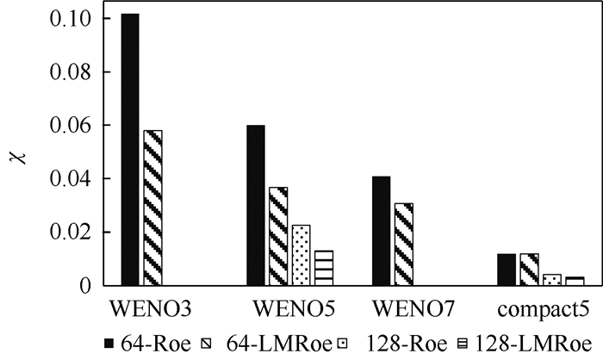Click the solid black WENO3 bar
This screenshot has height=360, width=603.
[x=130, y=150]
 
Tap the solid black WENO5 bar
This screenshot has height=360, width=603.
[x=256, y=205]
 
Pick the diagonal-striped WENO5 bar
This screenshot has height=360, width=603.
[x=278, y=236]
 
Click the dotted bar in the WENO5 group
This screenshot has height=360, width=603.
[x=301, y=255]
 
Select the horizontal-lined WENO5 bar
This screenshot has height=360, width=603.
[x=322, y=268]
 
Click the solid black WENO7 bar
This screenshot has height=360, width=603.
[x=381, y=231]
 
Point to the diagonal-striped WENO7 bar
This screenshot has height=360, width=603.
[x=403, y=244]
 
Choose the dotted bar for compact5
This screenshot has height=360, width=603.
[x=551, y=280]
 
